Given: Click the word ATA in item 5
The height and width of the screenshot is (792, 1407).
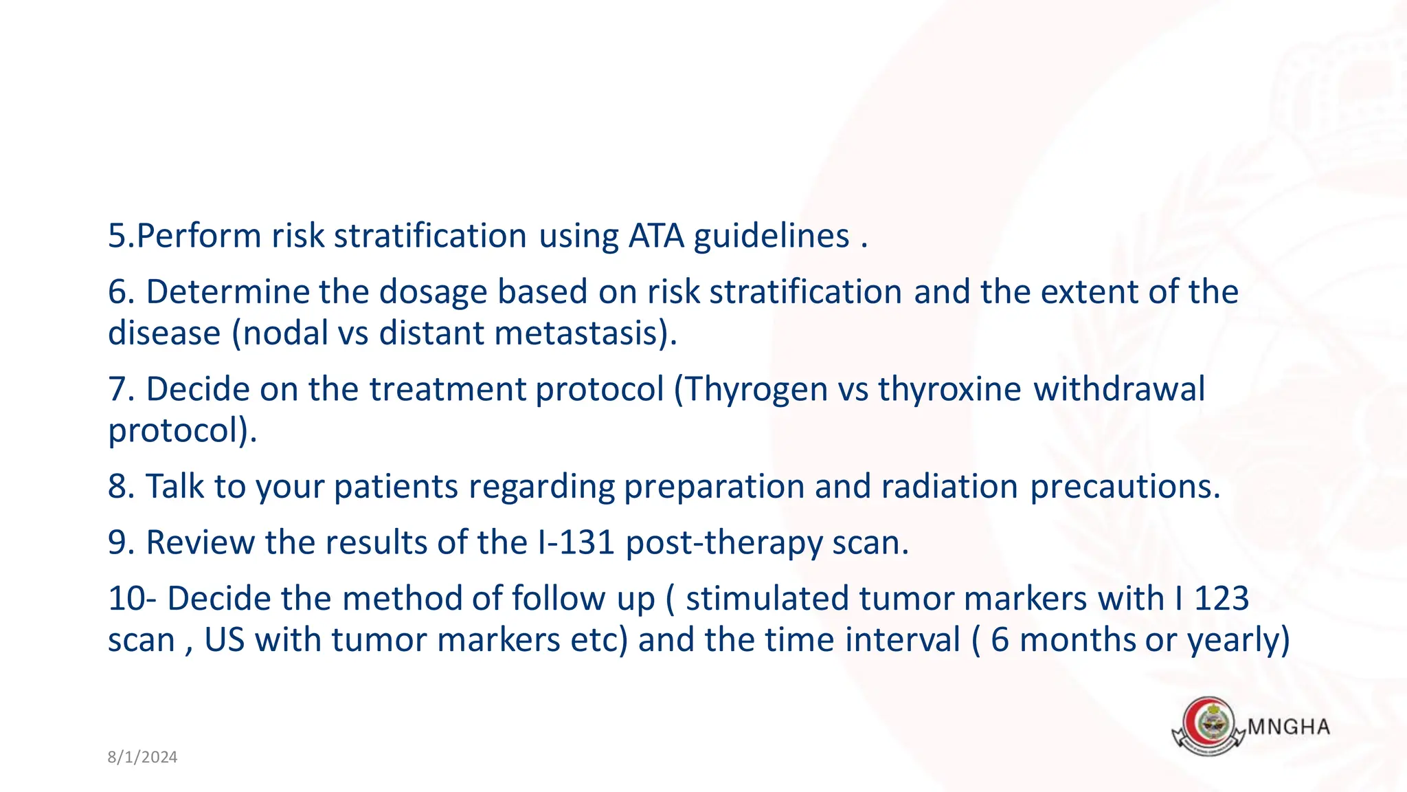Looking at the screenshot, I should (656, 236).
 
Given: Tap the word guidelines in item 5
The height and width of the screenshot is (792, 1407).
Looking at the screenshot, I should (772, 236).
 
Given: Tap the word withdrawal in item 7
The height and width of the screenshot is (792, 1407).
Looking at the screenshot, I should (1119, 390).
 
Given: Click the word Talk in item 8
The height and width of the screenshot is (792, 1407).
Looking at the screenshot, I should (175, 487).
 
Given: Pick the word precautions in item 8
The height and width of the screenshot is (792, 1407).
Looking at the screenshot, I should (1125, 487).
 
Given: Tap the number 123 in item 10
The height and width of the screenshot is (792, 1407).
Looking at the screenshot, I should (1222, 598).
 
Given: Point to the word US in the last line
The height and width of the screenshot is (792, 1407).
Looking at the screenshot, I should (224, 640).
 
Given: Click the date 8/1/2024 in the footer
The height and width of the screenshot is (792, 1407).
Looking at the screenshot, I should (142, 757).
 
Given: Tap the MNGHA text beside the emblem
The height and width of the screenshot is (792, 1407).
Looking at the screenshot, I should (1288, 727).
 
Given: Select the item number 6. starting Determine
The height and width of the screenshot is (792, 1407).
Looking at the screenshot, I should (121, 291).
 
